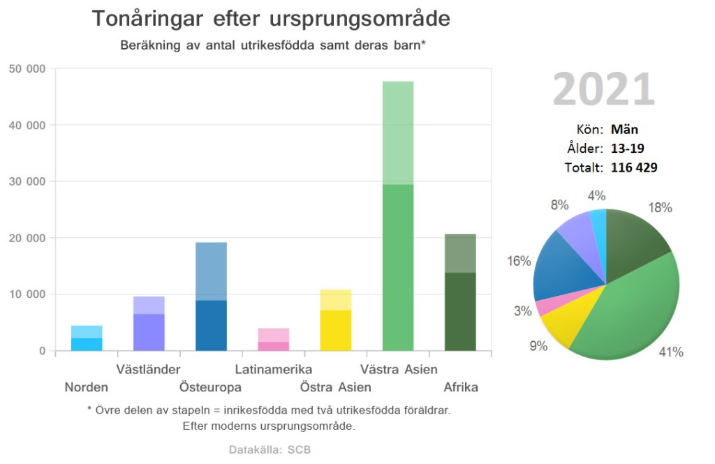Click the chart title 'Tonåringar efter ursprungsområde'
click(271, 19)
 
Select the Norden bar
click(87, 338)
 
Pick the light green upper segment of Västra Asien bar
click(398, 133)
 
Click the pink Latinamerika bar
click(273, 340)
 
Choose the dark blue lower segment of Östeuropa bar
click(211, 325)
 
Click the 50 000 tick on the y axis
click(27, 68)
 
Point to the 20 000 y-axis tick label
click(27, 238)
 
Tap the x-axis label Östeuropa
click(210, 387)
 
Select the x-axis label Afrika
click(461, 387)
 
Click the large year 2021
click(604, 90)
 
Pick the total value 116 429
click(634, 167)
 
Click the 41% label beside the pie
click(670, 352)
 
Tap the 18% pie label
click(659, 207)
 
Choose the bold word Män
click(624, 129)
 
